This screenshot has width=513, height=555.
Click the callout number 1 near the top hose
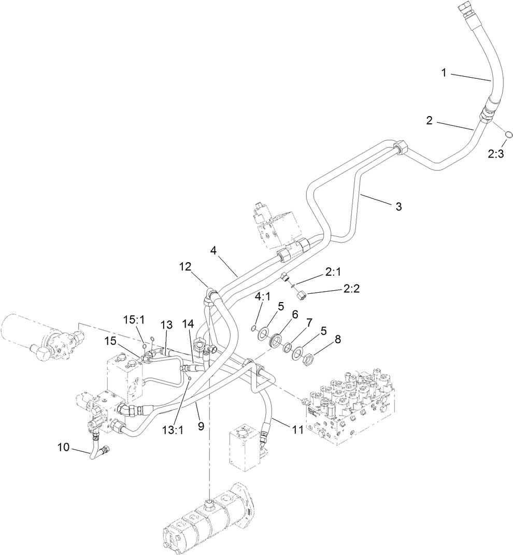point(444,73)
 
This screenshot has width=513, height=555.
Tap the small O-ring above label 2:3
point(509,135)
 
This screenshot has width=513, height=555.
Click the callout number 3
point(398,207)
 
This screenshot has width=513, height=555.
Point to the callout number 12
point(186,267)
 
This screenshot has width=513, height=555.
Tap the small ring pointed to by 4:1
point(252,328)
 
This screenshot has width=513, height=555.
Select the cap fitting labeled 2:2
point(301,295)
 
